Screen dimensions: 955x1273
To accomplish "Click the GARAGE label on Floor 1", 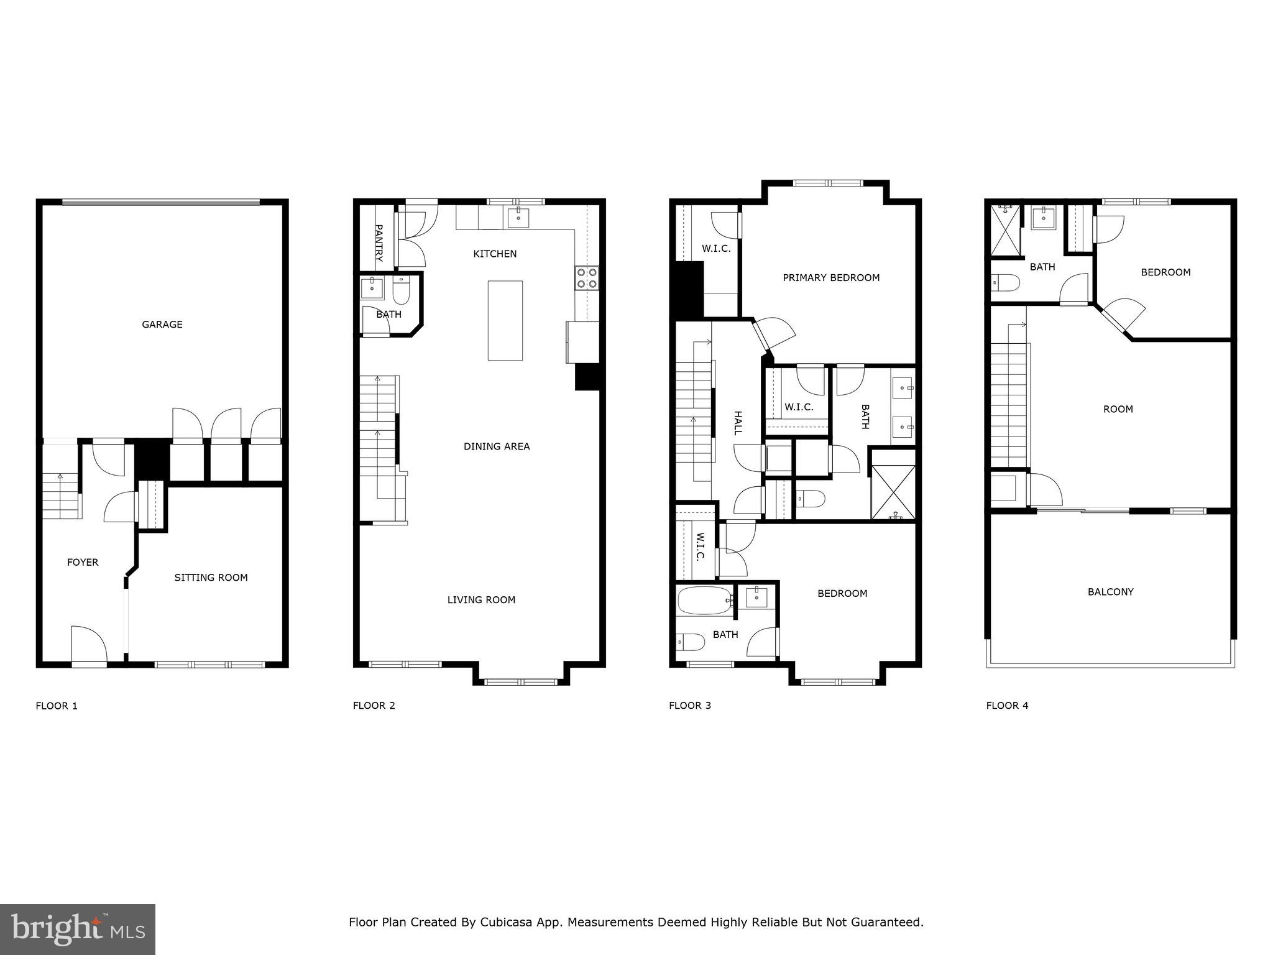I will tap(162, 325).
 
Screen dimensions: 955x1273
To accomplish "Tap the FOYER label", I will tap(83, 562).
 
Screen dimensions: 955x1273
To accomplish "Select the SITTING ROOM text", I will tap(211, 578).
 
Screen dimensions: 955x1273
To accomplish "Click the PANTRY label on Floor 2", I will tap(379, 242).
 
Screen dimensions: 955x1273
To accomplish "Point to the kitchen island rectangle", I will tap(505, 320).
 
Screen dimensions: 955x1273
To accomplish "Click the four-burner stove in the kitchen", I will tap(587, 278).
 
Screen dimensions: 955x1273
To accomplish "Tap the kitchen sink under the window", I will tap(518, 218).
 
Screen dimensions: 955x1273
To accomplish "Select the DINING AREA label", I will tap(497, 446).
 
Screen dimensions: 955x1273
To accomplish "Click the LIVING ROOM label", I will tap(481, 600).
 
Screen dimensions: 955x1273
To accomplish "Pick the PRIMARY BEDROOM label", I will tap(831, 278).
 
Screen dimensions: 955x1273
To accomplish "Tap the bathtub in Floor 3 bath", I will tap(704, 601).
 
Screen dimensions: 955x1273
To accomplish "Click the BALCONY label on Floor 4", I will tap(1110, 592).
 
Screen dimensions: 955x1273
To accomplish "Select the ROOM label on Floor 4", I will tap(1118, 409).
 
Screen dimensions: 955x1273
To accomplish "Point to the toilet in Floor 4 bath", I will tap(1005, 283).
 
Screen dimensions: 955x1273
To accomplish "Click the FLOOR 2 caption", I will tap(374, 705).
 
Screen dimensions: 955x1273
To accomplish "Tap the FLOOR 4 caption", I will tap(1007, 705).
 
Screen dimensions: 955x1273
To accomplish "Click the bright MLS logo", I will tap(78, 929).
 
